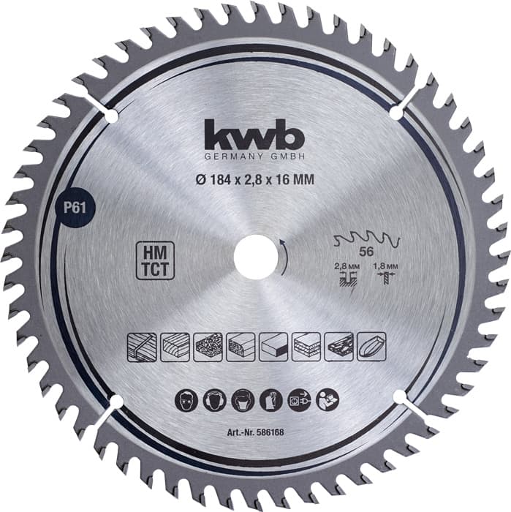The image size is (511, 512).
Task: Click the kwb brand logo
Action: [x=256, y=137]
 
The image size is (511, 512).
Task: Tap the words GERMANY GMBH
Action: [x=256, y=158]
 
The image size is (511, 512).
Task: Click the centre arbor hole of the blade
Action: [x=256, y=257]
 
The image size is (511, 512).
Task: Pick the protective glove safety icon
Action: [x=271, y=402]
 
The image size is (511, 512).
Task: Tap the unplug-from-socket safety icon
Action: [x=300, y=402]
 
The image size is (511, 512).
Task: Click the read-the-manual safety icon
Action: [x=328, y=402]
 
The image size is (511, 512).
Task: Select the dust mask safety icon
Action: [x=243, y=402]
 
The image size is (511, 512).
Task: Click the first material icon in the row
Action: [x=140, y=343]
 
